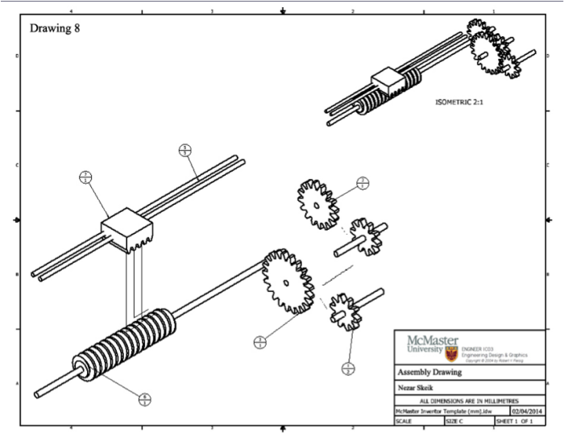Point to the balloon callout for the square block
tap(86, 178)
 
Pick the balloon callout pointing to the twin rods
tap(185, 150)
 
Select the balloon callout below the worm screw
tap(144, 398)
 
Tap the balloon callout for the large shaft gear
tap(260, 342)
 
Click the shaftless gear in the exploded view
tap(318, 202)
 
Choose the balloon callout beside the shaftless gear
tap(363, 182)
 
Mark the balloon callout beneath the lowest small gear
tap(349, 370)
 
